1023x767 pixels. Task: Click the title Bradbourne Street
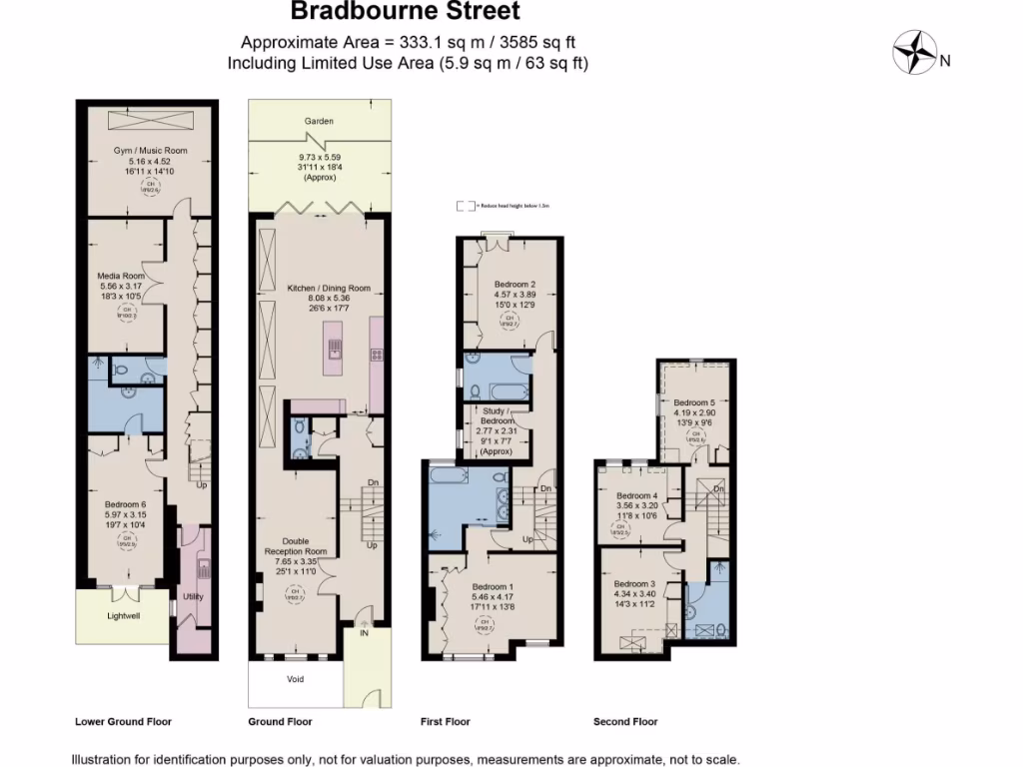pyautogui.click(x=405, y=13)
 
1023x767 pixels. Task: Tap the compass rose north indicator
pyautogui.click(x=912, y=52)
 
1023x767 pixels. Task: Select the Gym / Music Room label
pyautogui.click(x=150, y=151)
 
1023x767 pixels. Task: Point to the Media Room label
pyautogui.click(x=121, y=276)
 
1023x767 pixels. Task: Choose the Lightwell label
pyautogui.click(x=124, y=616)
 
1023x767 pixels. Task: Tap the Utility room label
pyautogui.click(x=193, y=596)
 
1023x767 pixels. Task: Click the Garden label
pyautogui.click(x=320, y=121)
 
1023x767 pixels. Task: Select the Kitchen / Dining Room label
pyautogui.click(x=329, y=288)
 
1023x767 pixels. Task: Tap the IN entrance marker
pyautogui.click(x=365, y=633)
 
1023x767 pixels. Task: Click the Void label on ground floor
pyautogui.click(x=295, y=680)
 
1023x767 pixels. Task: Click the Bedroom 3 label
pyautogui.click(x=635, y=584)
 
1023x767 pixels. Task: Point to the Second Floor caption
pyautogui.click(x=625, y=721)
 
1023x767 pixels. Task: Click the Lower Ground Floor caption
pyautogui.click(x=124, y=721)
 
